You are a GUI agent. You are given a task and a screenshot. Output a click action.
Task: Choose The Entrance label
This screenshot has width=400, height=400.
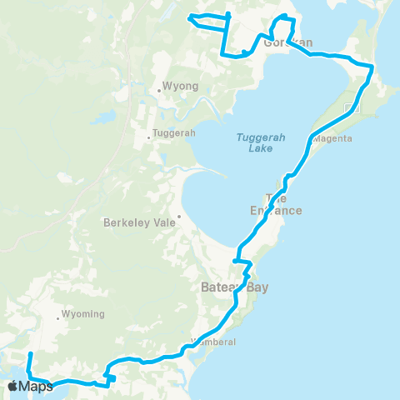pyautogui.click(x=282, y=204)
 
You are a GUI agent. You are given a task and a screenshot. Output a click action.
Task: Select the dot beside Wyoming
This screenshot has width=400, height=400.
pyautogui.click(x=57, y=317)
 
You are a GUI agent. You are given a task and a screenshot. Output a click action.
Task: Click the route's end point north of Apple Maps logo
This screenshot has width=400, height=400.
pyautogui.click(x=30, y=355)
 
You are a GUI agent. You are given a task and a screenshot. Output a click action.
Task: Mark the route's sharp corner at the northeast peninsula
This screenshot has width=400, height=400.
pyautogui.click(x=372, y=67)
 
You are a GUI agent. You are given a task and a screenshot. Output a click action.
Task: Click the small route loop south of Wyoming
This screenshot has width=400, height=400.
pyautogui.click(x=109, y=379)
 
